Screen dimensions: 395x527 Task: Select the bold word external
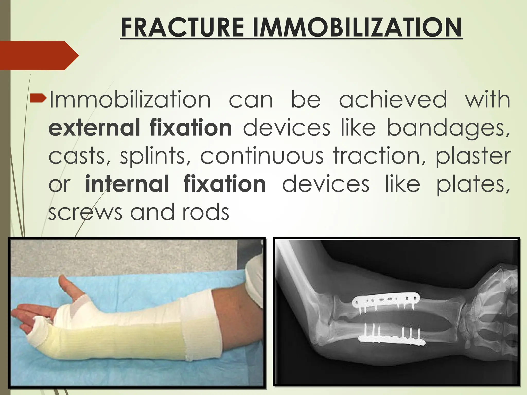94,128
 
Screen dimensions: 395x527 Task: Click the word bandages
448,128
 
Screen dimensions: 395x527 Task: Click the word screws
85,212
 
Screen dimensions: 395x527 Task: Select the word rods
206,212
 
